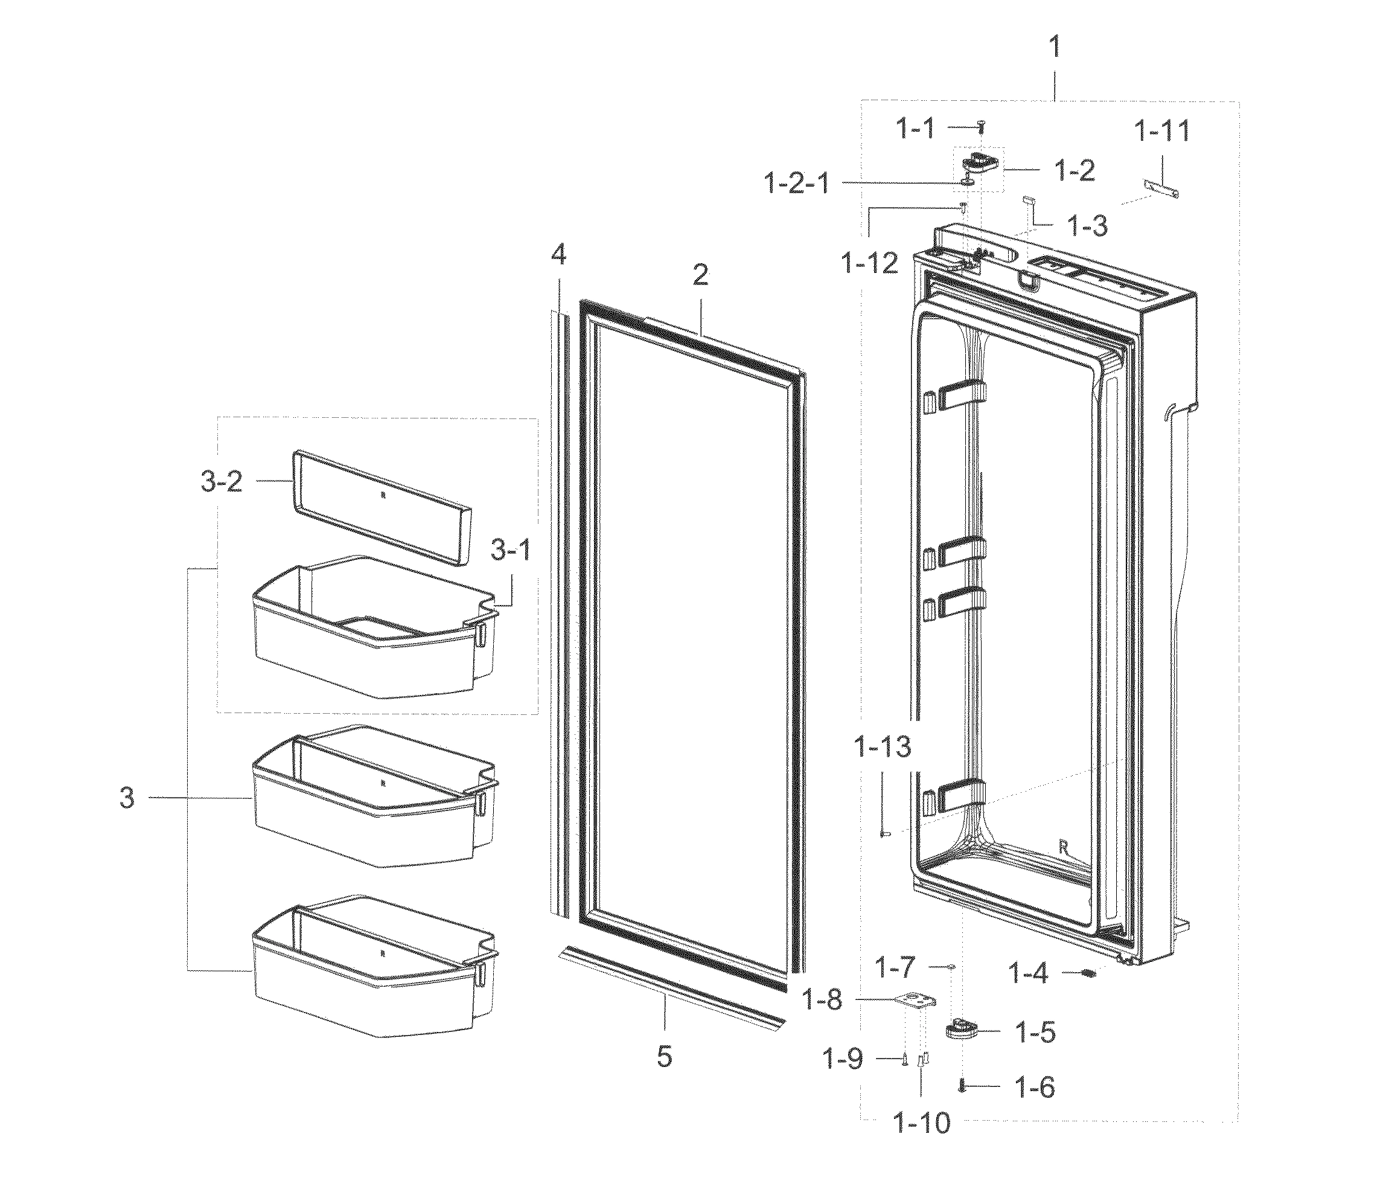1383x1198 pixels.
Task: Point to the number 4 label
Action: click(x=559, y=255)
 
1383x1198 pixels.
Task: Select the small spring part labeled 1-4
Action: click(x=1088, y=974)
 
